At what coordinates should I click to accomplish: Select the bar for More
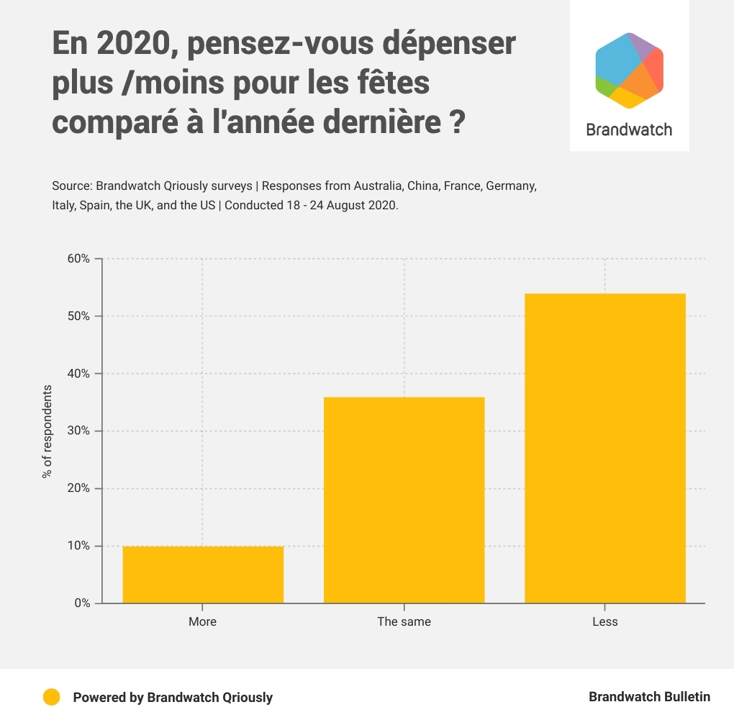click(203, 575)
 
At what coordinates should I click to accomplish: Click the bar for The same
click(404, 500)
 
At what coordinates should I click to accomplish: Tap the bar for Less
click(604, 448)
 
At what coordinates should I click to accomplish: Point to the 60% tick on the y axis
click(78, 259)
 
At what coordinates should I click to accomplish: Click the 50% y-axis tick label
click(78, 316)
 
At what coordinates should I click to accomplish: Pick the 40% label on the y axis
click(78, 374)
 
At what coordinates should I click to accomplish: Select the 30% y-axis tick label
click(78, 432)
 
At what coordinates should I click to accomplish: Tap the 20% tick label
click(78, 488)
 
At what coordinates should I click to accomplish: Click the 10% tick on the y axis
click(78, 546)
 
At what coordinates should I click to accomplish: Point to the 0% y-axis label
click(81, 603)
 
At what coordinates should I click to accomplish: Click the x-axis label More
click(202, 621)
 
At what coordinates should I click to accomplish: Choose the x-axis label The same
click(404, 621)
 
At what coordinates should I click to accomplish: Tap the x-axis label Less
click(604, 621)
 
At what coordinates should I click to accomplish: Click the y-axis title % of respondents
click(47, 432)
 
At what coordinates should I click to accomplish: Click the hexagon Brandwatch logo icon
click(629, 70)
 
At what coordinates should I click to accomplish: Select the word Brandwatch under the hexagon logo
click(629, 130)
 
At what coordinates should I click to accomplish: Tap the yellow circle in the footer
click(51, 697)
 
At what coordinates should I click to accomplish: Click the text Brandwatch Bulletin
click(649, 697)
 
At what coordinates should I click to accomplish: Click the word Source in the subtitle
click(71, 186)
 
